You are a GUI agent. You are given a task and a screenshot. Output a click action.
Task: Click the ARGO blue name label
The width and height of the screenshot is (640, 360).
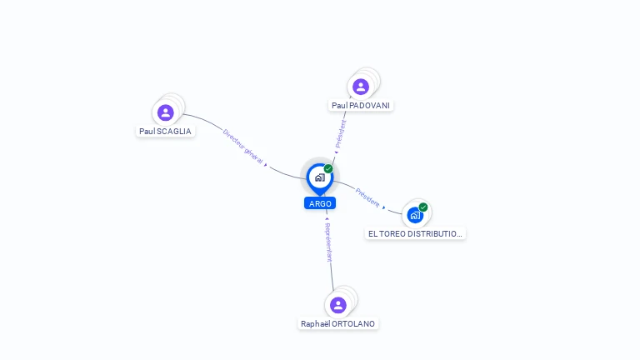point(320,203)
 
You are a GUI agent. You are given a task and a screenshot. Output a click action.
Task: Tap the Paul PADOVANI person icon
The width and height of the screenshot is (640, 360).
point(360,87)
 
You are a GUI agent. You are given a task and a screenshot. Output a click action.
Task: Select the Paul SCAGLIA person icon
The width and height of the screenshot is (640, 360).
point(166,112)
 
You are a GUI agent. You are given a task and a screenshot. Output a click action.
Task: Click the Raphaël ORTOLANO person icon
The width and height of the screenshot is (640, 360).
point(337,304)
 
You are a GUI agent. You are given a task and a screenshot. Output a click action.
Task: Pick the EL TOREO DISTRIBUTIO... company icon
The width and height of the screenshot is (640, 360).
point(415,215)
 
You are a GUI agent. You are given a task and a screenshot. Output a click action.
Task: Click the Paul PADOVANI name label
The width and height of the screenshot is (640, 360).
point(361,106)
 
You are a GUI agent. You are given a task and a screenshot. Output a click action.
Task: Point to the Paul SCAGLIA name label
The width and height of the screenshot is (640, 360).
point(165,132)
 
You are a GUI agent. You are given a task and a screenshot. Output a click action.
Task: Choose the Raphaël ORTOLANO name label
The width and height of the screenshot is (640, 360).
point(337,323)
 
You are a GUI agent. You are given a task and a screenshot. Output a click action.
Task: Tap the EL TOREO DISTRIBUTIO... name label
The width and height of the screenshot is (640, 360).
point(415,234)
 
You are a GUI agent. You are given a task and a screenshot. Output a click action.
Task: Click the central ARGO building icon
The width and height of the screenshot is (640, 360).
point(319,177)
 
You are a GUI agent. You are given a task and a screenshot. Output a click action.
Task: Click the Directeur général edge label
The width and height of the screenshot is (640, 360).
point(242,146)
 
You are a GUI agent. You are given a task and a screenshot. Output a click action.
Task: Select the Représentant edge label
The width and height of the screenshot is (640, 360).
point(328,242)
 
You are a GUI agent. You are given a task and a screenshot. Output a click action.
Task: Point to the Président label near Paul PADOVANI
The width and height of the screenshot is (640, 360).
point(341,133)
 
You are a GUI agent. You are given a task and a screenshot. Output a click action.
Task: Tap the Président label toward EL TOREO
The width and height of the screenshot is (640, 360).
point(367,197)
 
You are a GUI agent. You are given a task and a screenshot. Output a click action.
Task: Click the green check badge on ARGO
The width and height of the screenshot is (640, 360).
point(328,168)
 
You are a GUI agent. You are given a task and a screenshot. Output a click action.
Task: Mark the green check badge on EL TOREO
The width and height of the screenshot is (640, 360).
point(423,207)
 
